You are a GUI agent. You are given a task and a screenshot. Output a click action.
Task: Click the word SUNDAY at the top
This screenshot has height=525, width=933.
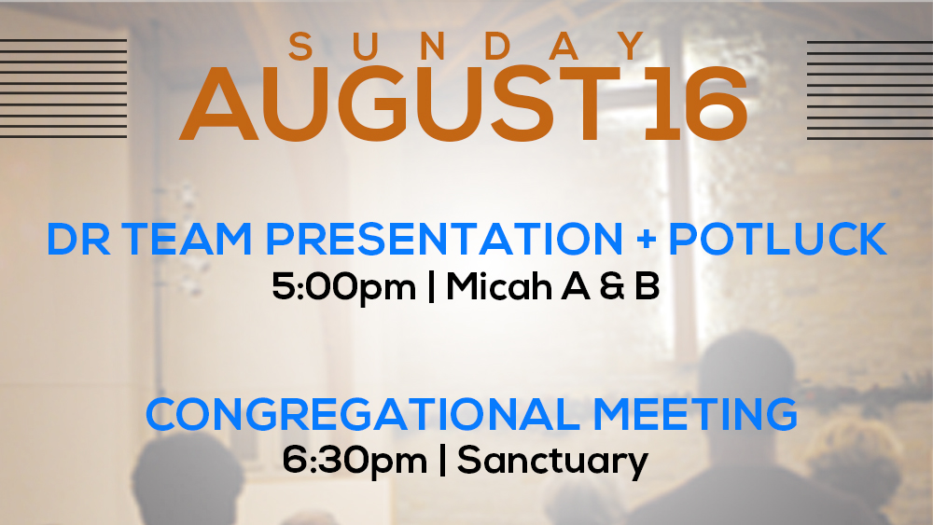coord(466,47)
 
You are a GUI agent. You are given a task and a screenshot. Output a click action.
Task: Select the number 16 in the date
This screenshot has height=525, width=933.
coord(696,104)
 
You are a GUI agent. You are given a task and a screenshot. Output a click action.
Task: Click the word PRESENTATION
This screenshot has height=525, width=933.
coord(444,239)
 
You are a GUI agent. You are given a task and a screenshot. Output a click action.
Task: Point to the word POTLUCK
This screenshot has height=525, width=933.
coord(778,239)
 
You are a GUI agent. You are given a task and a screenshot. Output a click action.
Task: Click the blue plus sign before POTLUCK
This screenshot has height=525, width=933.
coord(646,240)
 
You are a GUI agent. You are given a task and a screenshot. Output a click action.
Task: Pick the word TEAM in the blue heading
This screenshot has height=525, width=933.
coord(188,239)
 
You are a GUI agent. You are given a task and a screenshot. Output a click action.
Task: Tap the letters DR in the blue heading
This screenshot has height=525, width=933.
coord(78,239)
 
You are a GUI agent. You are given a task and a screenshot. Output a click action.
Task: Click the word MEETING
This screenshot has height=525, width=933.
coord(695,414)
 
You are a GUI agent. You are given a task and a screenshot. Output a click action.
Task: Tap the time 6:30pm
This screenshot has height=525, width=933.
coord(355,462)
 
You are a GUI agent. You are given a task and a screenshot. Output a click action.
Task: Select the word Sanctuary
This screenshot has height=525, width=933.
coord(552,462)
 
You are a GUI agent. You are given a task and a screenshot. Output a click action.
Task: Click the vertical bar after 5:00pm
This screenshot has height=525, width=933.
coord(431,286)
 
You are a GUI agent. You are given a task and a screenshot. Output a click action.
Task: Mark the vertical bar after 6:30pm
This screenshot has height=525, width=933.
coord(442,461)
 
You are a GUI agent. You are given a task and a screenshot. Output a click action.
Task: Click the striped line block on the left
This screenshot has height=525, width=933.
coord(63,89)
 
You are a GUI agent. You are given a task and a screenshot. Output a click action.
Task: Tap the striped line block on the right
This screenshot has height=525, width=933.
coord(870,90)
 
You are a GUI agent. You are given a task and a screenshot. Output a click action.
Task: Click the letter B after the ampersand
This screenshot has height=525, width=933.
coord(648,286)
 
